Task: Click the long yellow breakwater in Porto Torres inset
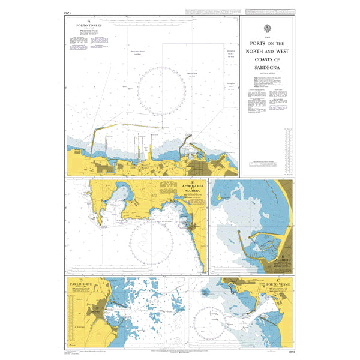[x=132, y=127]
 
